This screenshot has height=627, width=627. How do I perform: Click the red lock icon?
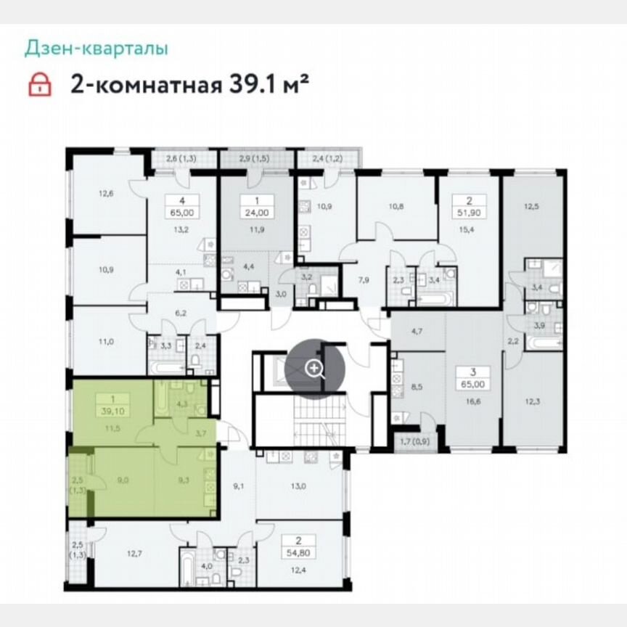click(40, 84)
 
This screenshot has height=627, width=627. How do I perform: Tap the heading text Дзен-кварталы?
click(97, 49)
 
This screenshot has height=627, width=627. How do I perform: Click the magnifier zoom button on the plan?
click(314, 368)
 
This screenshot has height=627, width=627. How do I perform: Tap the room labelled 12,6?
click(107, 194)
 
